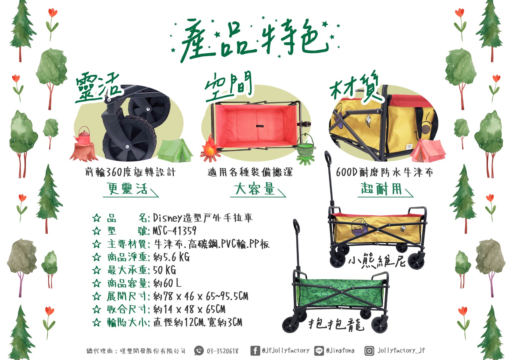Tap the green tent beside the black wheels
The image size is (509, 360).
[x=175, y=150]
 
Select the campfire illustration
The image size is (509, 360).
[x=210, y=148]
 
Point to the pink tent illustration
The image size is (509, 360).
[x=428, y=151]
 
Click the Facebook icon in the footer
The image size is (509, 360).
[x=255, y=351]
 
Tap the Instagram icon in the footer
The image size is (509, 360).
[x=369, y=351]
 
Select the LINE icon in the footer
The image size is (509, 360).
[x=319, y=351]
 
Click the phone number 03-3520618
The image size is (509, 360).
[x=222, y=351]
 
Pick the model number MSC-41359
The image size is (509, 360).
[x=174, y=231]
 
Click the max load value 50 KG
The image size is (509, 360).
[x=164, y=270]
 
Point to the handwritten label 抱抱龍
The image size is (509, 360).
[x=336, y=324]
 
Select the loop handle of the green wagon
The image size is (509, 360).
[x=296, y=226]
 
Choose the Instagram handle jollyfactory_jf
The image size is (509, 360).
[x=401, y=350]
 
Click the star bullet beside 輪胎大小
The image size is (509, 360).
[x=97, y=322]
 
